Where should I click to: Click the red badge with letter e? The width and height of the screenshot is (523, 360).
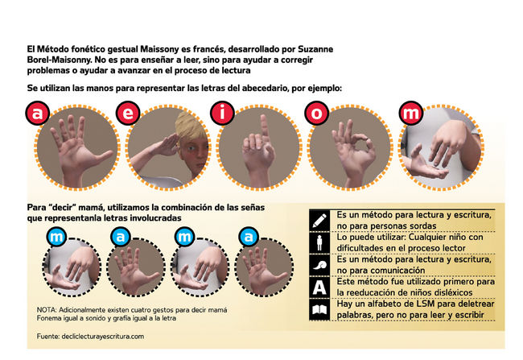pyautogui.click(x=128, y=114)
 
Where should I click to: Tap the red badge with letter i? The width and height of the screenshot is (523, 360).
pyautogui.click(x=222, y=114)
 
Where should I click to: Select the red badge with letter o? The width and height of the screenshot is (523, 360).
pyautogui.click(x=316, y=114)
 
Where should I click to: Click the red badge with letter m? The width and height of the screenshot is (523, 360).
pyautogui.click(x=411, y=114)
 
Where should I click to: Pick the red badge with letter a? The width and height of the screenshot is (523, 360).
pyautogui.click(x=37, y=114)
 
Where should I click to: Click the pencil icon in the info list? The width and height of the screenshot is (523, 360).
pyautogui.click(x=319, y=221)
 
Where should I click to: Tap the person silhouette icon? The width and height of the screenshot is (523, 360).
pyautogui.click(x=319, y=242)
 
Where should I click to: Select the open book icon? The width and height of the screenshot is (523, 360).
pyautogui.click(x=319, y=309)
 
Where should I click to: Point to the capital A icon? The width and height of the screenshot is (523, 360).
pyautogui.click(x=319, y=288)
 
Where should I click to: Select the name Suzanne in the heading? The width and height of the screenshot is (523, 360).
pyautogui.click(x=315, y=49)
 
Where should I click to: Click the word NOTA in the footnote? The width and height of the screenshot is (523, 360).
pyautogui.click(x=47, y=310)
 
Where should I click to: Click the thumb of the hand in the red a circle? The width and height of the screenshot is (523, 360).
pyautogui.click(x=103, y=156)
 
